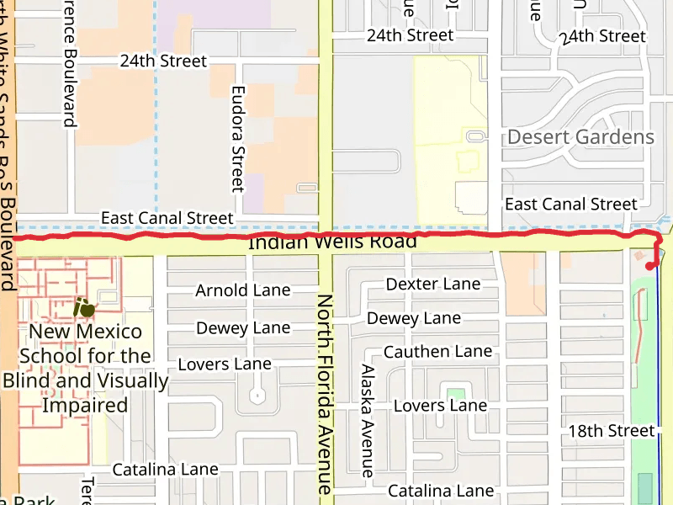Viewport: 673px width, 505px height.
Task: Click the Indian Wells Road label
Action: tap(332, 243)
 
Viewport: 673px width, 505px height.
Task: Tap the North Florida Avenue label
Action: tap(325, 393)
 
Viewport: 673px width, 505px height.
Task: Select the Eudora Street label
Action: tap(237, 138)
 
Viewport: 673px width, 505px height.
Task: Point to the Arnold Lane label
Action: tap(242, 290)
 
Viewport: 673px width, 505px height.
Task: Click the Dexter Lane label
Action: tap(433, 284)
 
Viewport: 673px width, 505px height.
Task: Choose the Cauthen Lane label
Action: tap(437, 351)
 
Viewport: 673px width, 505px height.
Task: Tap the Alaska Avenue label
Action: tap(367, 421)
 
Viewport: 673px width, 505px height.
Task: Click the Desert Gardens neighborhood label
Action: tap(580, 137)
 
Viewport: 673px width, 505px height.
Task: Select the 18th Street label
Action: tap(611, 431)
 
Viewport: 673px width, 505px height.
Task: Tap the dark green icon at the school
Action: tap(83, 307)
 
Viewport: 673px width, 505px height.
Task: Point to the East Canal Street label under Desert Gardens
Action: tap(570, 204)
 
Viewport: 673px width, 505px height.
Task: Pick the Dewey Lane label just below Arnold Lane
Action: tap(242, 327)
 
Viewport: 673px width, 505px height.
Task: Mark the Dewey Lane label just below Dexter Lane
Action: tap(414, 318)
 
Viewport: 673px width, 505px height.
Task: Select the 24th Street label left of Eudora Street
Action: tap(163, 61)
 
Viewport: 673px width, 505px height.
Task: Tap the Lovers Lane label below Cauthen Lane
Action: tap(440, 406)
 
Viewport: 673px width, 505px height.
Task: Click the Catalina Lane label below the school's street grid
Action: tap(165, 469)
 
